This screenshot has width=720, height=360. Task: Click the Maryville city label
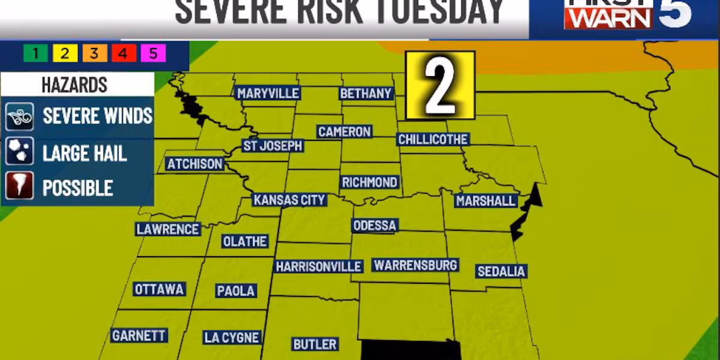pyautogui.click(x=268, y=93)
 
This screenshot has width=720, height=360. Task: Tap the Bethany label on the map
pyautogui.click(x=366, y=93)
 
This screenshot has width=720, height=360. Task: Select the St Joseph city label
pyautogui.click(x=272, y=146)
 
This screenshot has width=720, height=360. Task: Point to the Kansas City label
pyautogui.click(x=289, y=200)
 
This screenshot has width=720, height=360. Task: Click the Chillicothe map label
pyautogui.click(x=433, y=139)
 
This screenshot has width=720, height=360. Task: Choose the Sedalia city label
pyautogui.click(x=501, y=271)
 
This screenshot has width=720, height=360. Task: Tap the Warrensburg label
pyautogui.click(x=415, y=265)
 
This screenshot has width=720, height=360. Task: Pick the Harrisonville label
pyautogui.click(x=319, y=266)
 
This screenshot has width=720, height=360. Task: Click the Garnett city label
pyautogui.click(x=139, y=335)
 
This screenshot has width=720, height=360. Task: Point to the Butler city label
pyautogui.click(x=314, y=344)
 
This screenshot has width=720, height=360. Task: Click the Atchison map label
pyautogui.click(x=195, y=164)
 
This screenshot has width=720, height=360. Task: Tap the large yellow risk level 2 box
pyautogui.click(x=440, y=85)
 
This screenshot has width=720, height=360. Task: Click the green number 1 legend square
pyautogui.click(x=35, y=54)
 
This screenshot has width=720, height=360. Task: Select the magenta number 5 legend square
pyautogui.click(x=153, y=54)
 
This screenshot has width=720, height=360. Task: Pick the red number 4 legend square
pyautogui.click(x=124, y=54)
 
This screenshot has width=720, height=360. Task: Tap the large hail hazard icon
pyautogui.click(x=19, y=152)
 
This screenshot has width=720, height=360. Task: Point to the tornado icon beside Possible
pyautogui.click(x=19, y=187)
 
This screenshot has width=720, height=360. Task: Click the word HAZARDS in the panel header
pyautogui.click(x=74, y=85)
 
